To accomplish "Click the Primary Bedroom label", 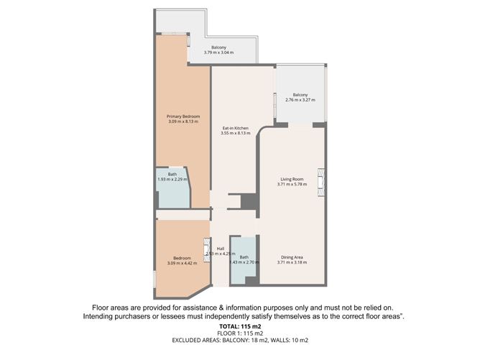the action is [183, 116].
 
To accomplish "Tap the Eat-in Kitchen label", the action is [236, 128].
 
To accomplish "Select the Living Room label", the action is [292, 179].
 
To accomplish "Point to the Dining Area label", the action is [292, 257].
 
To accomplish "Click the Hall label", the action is [221, 249].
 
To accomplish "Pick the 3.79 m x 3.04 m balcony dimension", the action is [219, 52].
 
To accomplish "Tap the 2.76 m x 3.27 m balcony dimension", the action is [300, 100].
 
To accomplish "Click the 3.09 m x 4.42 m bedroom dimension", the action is [182, 263].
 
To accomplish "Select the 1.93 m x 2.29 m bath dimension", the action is [172, 179].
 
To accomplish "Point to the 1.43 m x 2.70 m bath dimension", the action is [244, 262].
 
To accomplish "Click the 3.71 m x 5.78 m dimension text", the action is [292, 184].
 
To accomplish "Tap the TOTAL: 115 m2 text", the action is [240, 326].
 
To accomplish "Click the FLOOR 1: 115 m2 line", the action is [240, 333].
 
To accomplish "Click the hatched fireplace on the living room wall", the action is [320, 182].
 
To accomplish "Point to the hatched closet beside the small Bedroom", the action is [207, 250].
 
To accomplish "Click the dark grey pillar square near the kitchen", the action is [248, 201].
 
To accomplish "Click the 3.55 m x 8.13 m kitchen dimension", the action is [236, 133].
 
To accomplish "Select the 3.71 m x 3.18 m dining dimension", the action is [292, 262].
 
